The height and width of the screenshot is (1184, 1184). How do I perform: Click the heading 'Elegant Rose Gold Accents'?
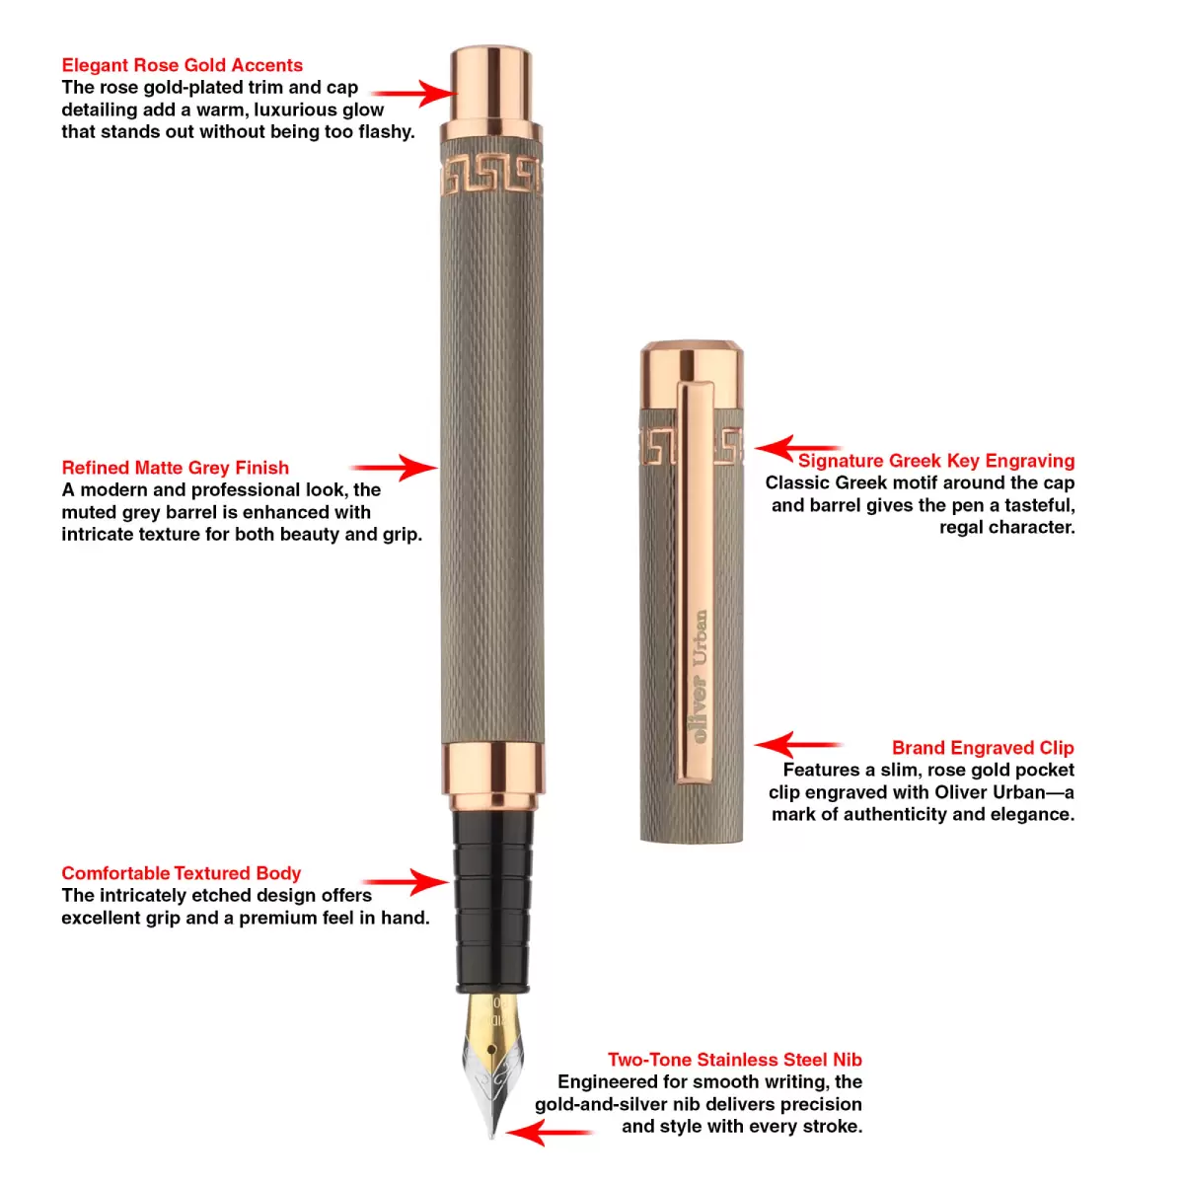pos(182,65)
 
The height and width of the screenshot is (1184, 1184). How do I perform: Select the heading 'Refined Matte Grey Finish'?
pos(175,468)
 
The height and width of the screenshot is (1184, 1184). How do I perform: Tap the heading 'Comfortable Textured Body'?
pos(182,873)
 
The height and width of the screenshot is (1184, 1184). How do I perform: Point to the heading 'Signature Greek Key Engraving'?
pos(936,461)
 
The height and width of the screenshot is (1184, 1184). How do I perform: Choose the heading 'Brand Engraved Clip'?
pos(983,748)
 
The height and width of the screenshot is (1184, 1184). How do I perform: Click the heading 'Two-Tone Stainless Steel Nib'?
pos(735,1060)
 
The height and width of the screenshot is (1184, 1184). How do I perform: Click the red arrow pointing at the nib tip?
pos(549,1132)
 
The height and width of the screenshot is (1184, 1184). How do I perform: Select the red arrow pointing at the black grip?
pos(406,882)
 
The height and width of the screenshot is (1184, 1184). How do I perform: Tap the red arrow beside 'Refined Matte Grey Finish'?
pos(394,469)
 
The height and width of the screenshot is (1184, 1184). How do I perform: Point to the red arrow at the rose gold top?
pos(414,94)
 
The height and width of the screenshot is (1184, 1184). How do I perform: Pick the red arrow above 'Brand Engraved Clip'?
pos(798,745)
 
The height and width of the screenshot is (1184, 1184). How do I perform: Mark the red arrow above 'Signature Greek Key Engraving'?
pos(798,449)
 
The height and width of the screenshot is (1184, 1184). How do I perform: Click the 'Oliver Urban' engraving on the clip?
pos(700,677)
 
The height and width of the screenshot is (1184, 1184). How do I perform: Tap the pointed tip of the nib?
pos(492,1139)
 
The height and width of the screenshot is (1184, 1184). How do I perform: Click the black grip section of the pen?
pos(492,901)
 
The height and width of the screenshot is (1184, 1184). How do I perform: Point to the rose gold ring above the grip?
pos(492,777)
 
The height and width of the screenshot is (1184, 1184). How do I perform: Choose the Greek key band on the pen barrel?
pos(491,176)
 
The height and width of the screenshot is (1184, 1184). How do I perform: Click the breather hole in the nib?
pos(491,1048)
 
